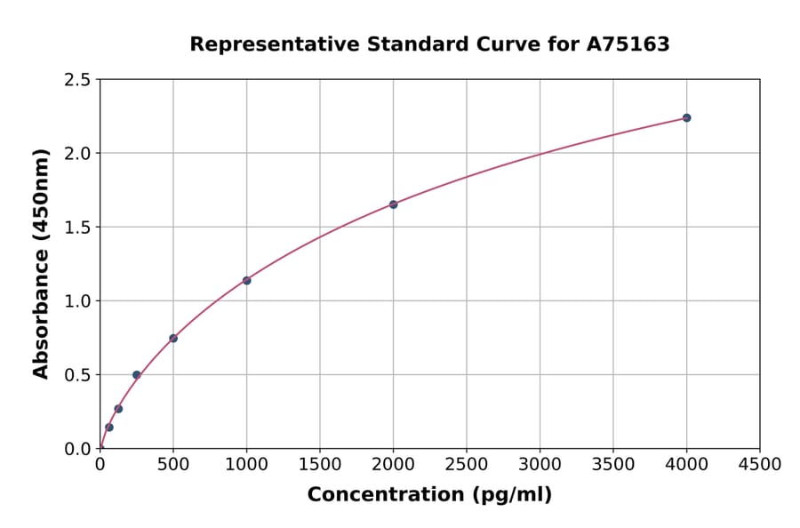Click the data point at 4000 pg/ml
click(686, 118)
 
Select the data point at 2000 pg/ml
click(393, 204)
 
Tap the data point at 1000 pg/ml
click(246, 281)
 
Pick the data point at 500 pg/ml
click(173, 339)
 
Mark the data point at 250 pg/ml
click(136, 375)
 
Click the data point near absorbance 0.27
click(118, 409)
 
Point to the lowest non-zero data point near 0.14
click(109, 428)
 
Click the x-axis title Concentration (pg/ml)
click(429, 495)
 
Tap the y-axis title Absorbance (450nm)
click(41, 264)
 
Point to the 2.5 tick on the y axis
click(77, 80)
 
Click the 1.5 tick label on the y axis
click(77, 228)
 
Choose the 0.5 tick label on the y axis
click(77, 375)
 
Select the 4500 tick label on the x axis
click(760, 465)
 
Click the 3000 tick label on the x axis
click(540, 465)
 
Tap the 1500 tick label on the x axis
click(320, 465)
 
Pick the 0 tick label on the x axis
click(100, 465)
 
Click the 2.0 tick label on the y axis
click(77, 154)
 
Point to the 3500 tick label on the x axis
click(613, 465)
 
